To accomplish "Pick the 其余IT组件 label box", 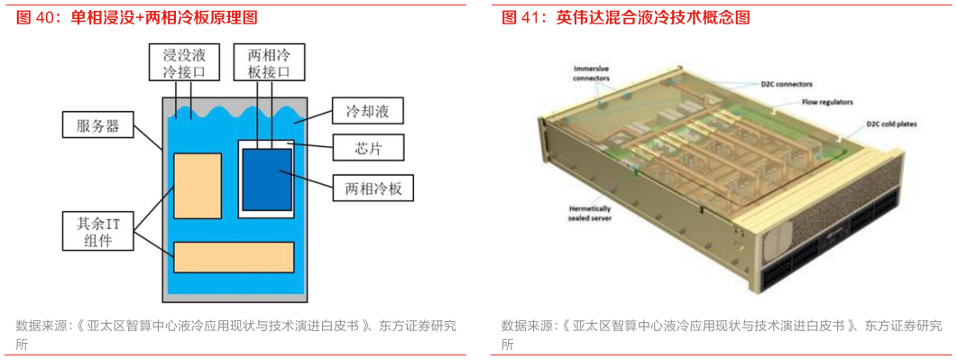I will click(94, 229).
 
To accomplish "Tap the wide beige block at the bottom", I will click(234, 257).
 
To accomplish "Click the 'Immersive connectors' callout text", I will click(591, 73).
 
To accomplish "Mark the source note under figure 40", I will click(235, 334).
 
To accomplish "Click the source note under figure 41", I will click(722, 334).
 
